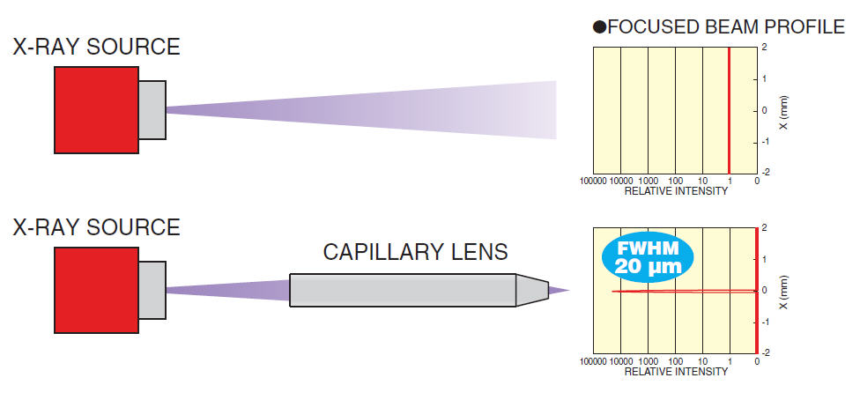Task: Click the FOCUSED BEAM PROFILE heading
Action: (726, 26)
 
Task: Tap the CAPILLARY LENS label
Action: (415, 253)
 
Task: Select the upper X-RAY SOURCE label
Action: (96, 47)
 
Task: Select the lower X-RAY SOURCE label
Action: (96, 227)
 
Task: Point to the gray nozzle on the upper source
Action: (152, 110)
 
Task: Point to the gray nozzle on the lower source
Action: (152, 290)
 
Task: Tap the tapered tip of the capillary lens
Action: (531, 290)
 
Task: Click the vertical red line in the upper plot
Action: (730, 110)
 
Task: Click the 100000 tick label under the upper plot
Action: (596, 181)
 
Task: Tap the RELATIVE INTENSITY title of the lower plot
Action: (676, 372)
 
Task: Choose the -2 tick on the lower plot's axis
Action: (766, 352)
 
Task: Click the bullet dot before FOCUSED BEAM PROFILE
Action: (599, 27)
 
